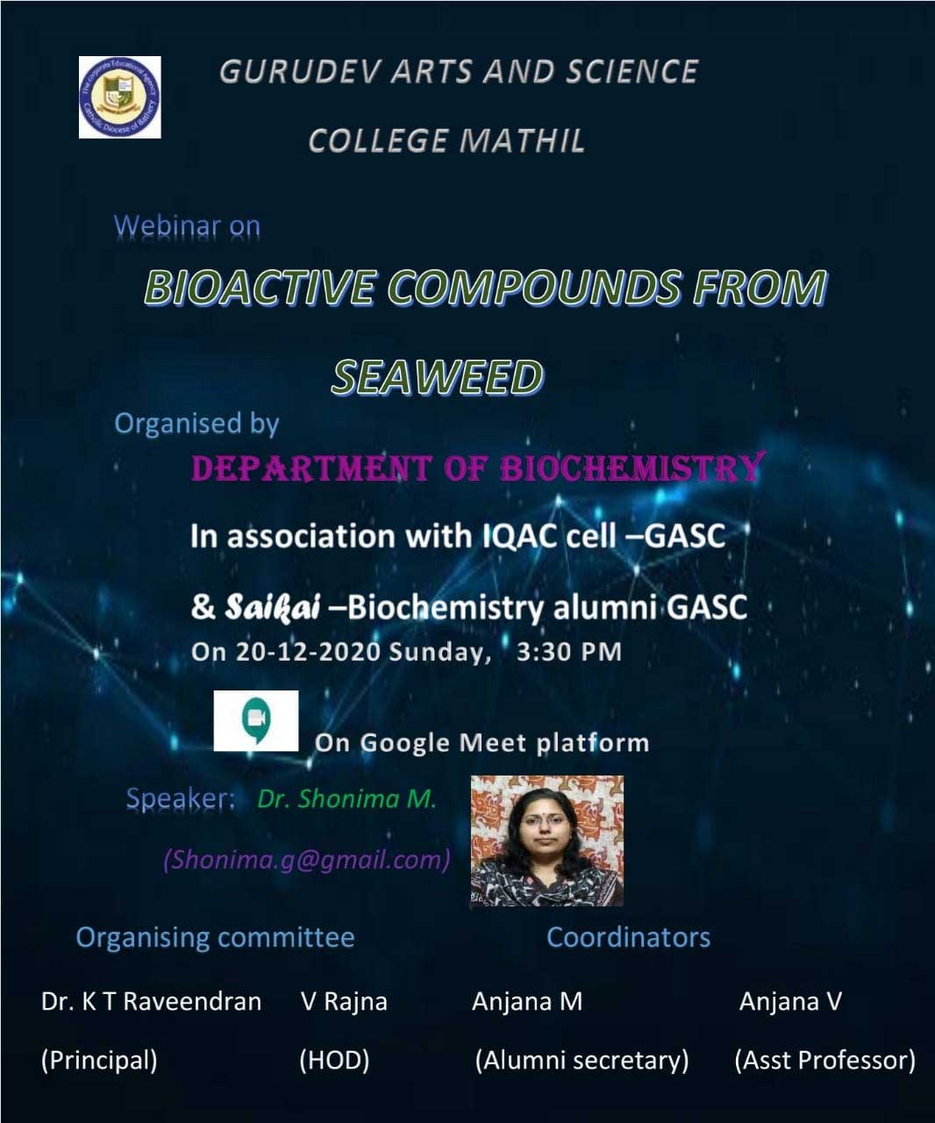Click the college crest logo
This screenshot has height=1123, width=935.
(120, 97)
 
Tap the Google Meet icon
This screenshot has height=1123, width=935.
(256, 720)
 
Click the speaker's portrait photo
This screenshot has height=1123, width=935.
(547, 841)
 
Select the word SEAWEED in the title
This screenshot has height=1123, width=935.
(437, 377)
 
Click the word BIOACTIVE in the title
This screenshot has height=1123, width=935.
(259, 287)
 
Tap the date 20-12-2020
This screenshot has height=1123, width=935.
(308, 652)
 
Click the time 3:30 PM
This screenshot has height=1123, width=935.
(569, 652)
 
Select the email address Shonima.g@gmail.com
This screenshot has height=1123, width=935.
(306, 860)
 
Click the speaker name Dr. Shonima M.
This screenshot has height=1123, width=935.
(346, 799)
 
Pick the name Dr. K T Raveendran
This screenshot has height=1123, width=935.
(151, 1002)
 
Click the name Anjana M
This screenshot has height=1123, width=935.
(527, 1002)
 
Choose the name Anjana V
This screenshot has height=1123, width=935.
(790, 1002)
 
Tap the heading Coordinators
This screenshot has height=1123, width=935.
(629, 938)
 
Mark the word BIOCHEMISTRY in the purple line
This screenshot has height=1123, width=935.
(632, 467)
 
